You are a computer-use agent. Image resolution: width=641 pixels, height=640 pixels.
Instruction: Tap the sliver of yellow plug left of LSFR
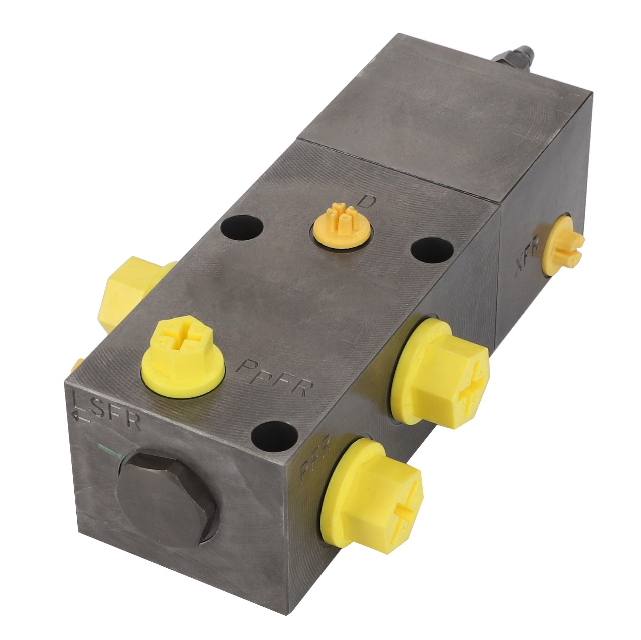point(77,365)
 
